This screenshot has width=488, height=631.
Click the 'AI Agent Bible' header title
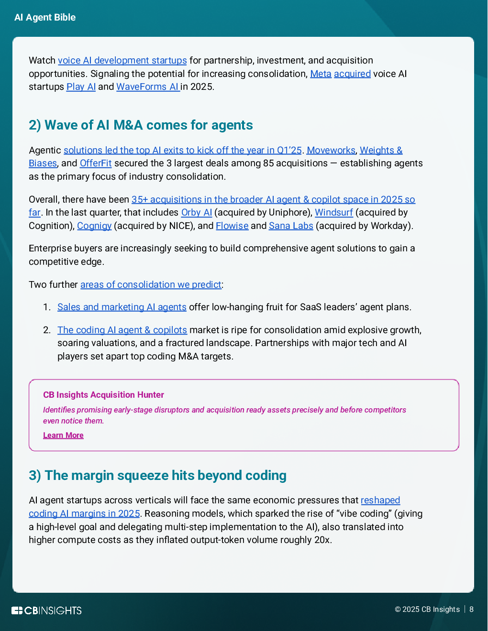(x=45, y=18)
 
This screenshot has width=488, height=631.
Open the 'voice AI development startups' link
(x=122, y=61)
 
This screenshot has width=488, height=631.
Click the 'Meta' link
(x=321, y=74)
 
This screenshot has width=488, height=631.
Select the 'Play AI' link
(x=81, y=87)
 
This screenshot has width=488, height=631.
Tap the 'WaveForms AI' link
(x=147, y=87)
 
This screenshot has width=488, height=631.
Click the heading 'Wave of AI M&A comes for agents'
(x=141, y=125)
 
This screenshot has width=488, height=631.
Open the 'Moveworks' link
(x=331, y=151)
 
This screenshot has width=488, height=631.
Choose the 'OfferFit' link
(x=96, y=163)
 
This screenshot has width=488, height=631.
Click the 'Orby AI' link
(x=196, y=213)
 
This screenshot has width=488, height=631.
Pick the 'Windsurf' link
(x=333, y=213)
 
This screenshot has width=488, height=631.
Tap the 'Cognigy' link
(x=94, y=226)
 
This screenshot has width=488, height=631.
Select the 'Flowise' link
(x=232, y=226)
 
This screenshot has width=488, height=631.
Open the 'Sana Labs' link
(x=291, y=226)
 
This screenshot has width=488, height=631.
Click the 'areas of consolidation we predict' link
(x=151, y=285)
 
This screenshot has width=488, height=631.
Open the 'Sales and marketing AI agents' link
(x=122, y=307)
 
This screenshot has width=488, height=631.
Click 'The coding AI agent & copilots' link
(x=122, y=330)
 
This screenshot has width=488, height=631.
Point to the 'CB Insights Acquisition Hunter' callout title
(x=103, y=395)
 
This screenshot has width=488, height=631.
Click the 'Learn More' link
(x=63, y=435)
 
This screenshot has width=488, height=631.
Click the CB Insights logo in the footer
(x=46, y=610)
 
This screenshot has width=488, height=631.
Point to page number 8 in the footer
(x=471, y=609)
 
